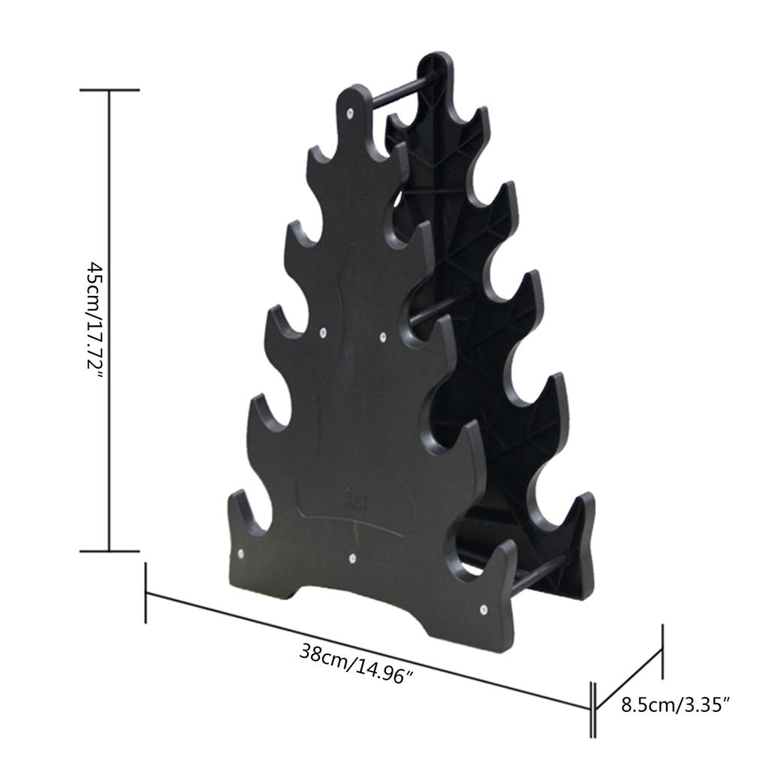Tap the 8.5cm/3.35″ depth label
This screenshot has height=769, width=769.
coord(676,705)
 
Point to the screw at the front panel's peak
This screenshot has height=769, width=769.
coord(351,113)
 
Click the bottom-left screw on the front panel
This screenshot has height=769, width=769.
coord(240,554)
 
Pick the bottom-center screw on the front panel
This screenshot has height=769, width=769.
coord(351,558)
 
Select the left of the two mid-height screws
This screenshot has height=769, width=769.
coord(324,330)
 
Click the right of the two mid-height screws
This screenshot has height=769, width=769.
coord(383,337)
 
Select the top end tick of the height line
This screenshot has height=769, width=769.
coord(110,90)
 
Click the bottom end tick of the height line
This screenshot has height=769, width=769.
coord(110,550)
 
